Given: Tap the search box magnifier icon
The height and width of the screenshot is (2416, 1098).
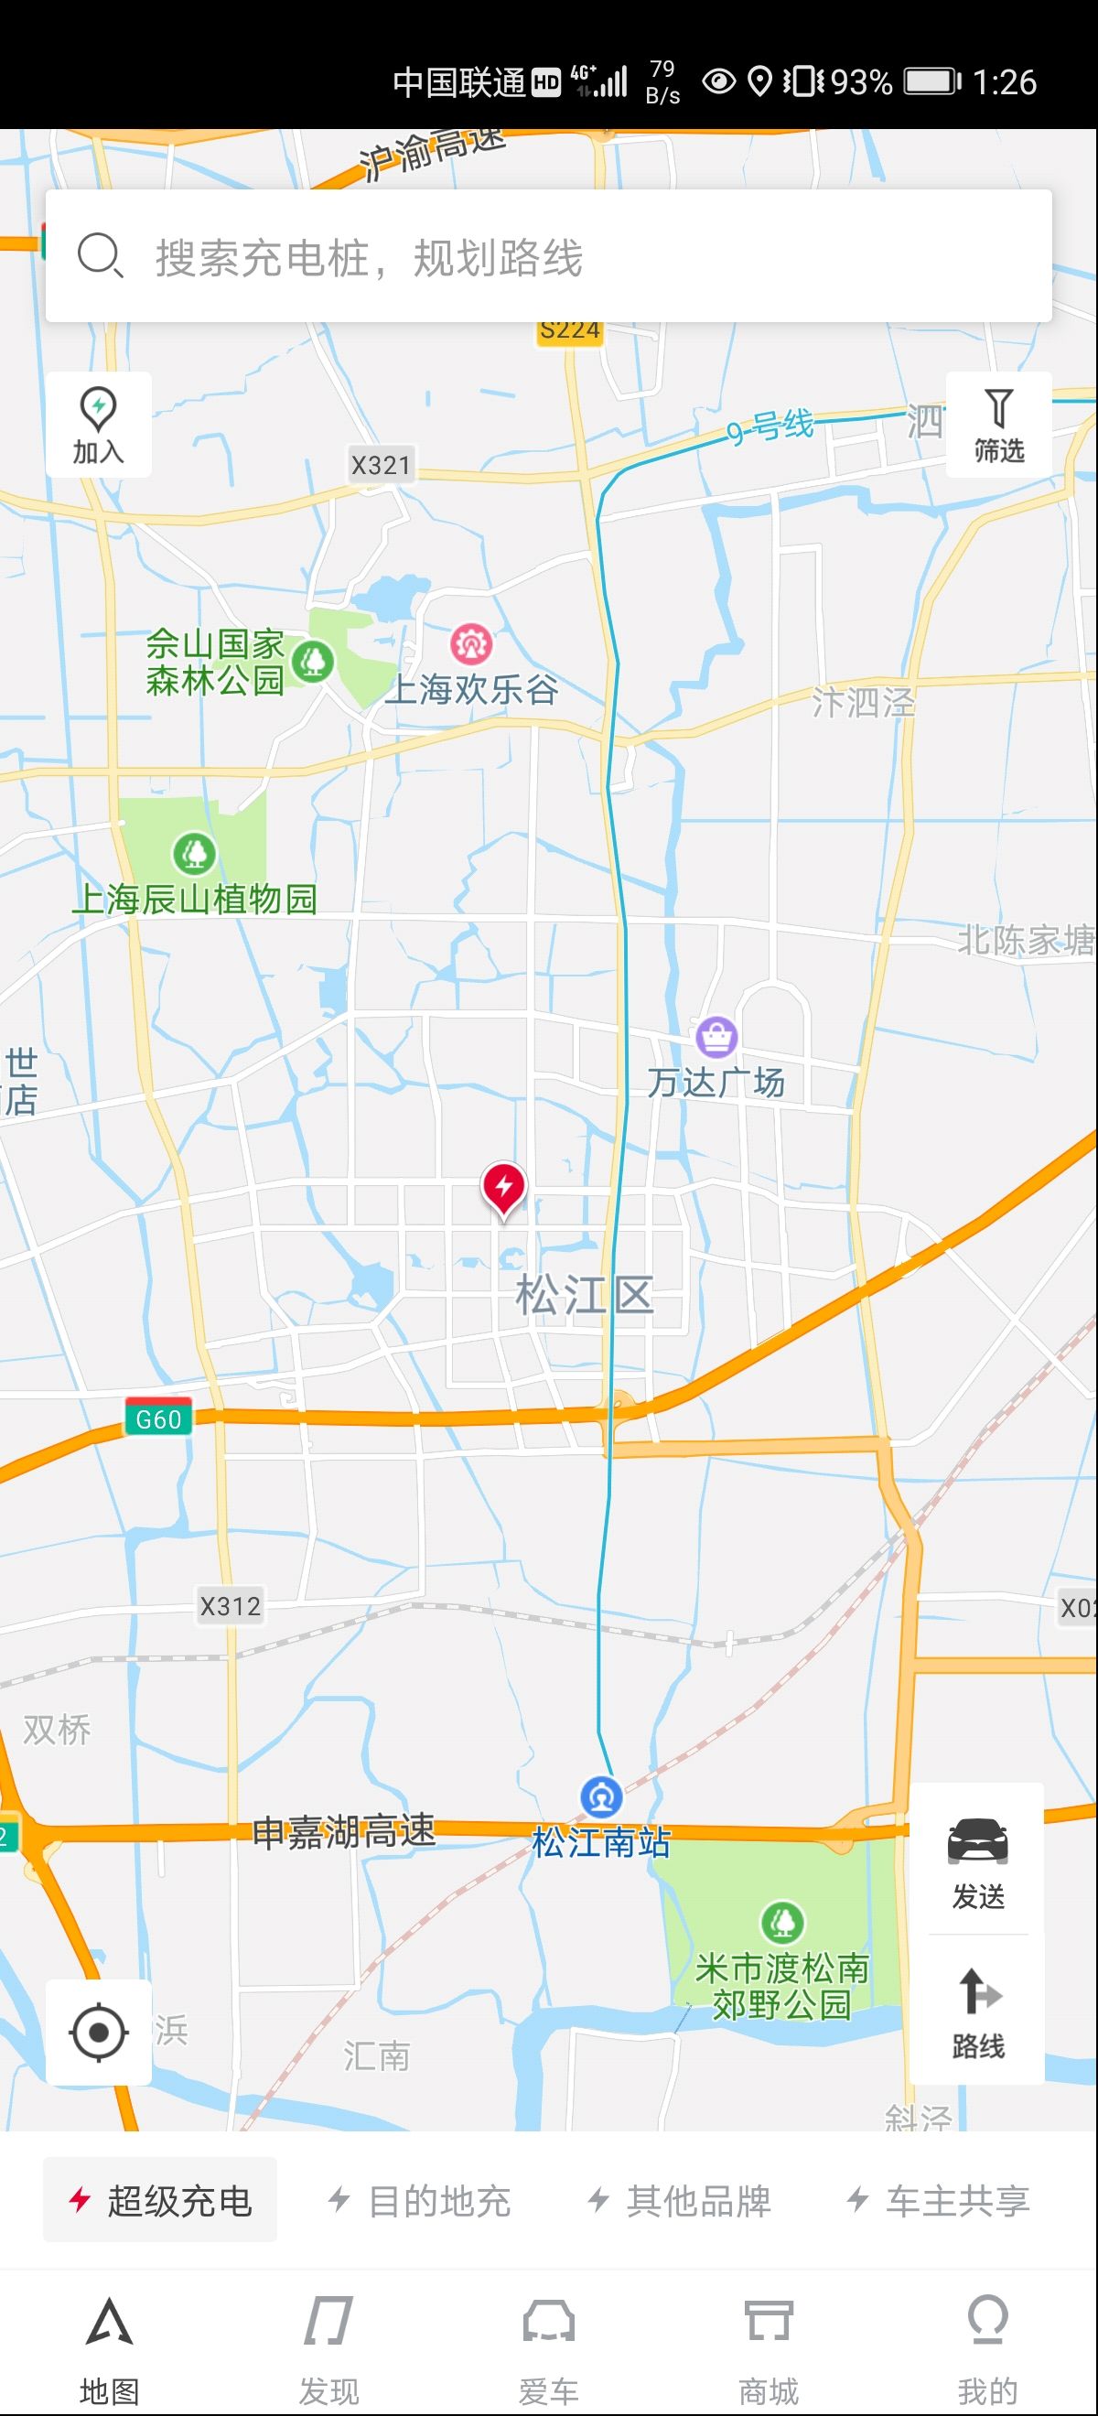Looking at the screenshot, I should [100, 255].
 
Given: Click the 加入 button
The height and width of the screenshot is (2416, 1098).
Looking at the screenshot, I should [99, 425].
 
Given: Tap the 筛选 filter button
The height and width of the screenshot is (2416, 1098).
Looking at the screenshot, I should [998, 425].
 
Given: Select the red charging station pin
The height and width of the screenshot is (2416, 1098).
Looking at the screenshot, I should [503, 1188].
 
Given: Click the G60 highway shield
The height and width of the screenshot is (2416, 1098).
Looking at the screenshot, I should [158, 1418].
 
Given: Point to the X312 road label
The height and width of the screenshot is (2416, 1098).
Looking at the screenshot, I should [231, 1606].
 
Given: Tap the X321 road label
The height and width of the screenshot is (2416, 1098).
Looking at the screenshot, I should [381, 465].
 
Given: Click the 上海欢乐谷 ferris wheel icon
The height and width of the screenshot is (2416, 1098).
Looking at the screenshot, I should [470, 643].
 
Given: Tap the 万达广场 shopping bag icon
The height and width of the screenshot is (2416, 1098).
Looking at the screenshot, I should [716, 1036].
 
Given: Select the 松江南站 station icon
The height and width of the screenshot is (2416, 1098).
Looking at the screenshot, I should [601, 1797].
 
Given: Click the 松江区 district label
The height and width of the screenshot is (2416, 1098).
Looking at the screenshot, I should [584, 1295].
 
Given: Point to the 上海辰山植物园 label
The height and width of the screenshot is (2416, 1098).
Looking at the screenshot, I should [194, 899].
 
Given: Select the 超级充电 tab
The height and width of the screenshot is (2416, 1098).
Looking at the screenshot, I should [160, 2200].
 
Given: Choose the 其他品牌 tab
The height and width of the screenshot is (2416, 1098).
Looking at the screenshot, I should [679, 2200].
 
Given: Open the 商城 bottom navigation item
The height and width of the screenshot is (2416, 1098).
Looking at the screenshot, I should [768, 2350].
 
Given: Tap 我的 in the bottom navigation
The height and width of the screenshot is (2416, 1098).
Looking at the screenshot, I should [987, 2350].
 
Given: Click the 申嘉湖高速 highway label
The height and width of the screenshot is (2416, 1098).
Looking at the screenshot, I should [344, 1830].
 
